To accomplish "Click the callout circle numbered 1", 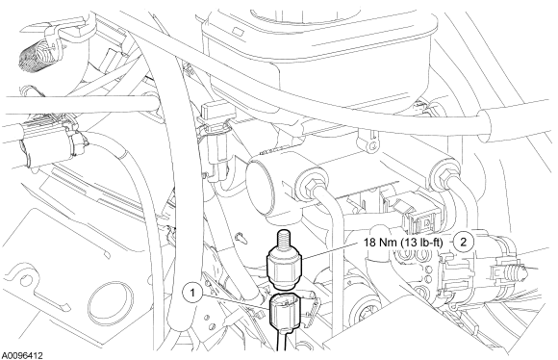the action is click(x=192, y=293).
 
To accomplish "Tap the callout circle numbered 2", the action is click(x=464, y=242).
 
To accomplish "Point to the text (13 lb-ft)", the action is click(x=422, y=243).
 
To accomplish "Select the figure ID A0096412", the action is click(x=22, y=355).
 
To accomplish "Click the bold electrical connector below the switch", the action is click(x=285, y=310).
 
